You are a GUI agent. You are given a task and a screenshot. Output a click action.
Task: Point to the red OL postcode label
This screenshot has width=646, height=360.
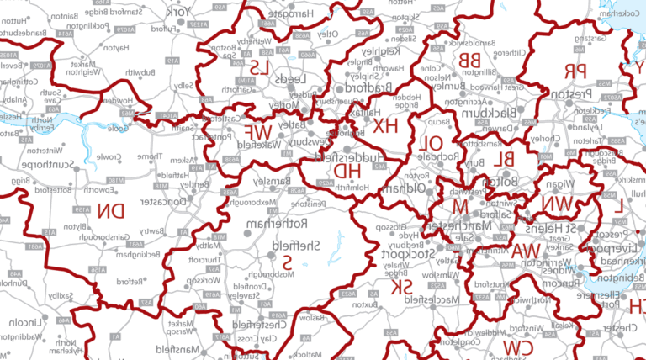tap(430, 145)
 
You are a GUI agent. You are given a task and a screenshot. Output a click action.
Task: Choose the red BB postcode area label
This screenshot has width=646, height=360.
tap(469, 59)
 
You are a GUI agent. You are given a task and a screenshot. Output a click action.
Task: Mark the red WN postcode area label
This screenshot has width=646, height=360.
tap(558, 204)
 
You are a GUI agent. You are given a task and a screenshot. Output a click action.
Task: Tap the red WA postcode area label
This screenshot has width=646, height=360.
tap(526, 251)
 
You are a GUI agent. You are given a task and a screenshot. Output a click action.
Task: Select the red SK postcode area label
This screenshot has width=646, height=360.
tap(403, 288)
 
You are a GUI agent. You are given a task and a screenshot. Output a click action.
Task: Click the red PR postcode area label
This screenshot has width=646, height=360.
tap(575, 71)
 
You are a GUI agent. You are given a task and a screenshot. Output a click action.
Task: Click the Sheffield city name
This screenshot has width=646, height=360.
tap(299, 245)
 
